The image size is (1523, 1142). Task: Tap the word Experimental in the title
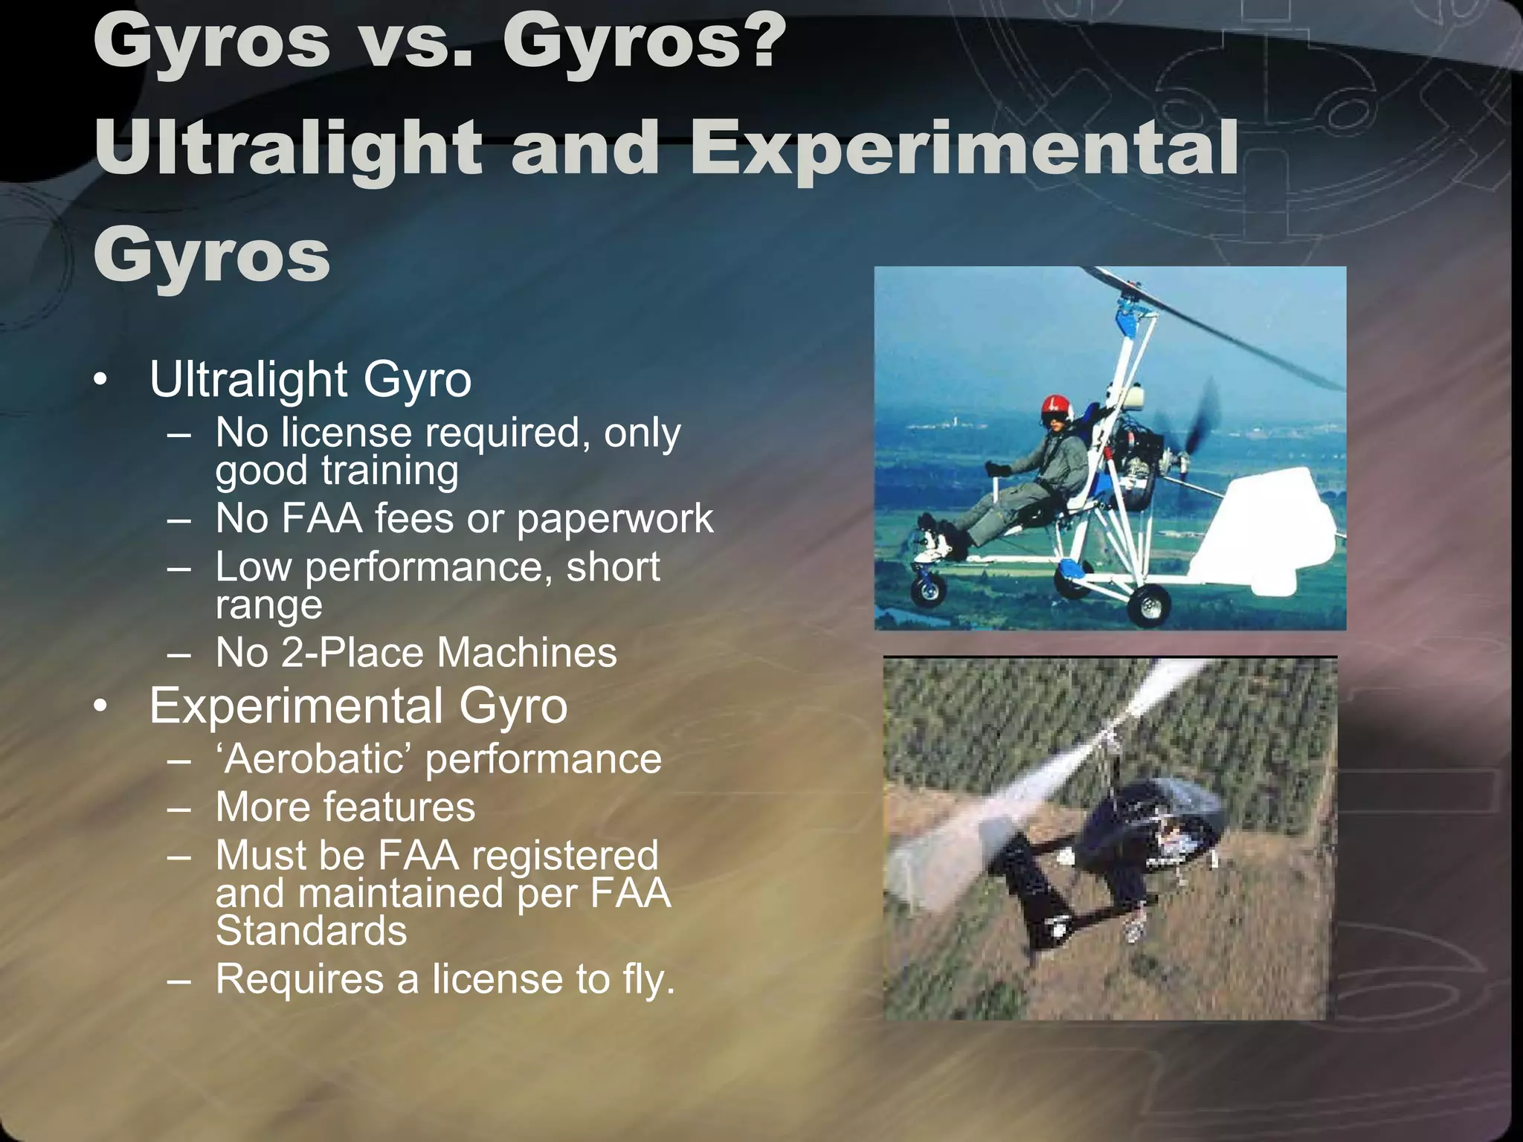pyautogui.click(x=964, y=149)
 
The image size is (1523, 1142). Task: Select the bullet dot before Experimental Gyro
pyautogui.click(x=101, y=706)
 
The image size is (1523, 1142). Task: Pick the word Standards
pyautogui.click(x=311, y=930)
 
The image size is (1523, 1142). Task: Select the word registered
pyautogui.click(x=565, y=855)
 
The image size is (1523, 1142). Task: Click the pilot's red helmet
pyautogui.click(x=1054, y=407)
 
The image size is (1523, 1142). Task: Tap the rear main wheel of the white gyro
pyautogui.click(x=1149, y=605)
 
